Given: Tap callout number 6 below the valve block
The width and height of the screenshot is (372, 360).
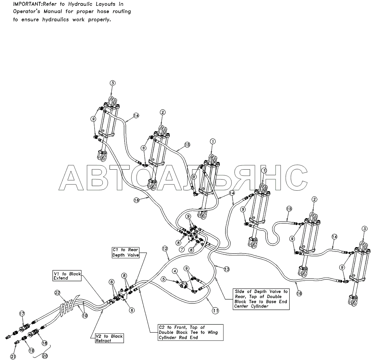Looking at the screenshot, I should click(x=132, y=310).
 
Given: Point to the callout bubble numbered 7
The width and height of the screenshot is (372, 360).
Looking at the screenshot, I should click(x=182, y=249).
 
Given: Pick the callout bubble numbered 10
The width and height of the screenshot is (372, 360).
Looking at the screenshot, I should click(x=85, y=316).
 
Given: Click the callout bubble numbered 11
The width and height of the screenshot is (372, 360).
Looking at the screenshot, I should click(x=215, y=310).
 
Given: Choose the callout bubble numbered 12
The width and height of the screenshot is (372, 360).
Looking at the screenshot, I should click(x=164, y=248).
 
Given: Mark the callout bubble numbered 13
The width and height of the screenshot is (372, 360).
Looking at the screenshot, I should click(x=227, y=269).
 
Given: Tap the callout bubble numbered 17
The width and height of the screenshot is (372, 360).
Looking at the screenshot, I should click(x=22, y=313).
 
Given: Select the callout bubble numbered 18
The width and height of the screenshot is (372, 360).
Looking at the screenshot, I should click(x=44, y=343).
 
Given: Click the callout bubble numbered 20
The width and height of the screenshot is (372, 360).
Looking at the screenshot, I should click(x=45, y=356).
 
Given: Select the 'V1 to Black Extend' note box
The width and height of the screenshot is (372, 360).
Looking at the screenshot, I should click(x=67, y=276).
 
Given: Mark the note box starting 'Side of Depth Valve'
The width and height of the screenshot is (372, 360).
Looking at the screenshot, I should click(x=261, y=299).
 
